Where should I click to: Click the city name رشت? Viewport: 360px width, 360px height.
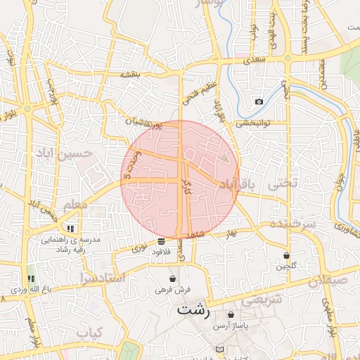(x=193, y=309)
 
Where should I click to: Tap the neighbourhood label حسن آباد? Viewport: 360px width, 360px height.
(x=74, y=153)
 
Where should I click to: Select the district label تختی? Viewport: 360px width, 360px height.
(x=285, y=183)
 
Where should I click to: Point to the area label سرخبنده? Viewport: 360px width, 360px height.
(x=291, y=224)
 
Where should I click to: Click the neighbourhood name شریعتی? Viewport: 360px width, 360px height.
(x=262, y=300)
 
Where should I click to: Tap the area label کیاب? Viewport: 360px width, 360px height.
(x=90, y=331)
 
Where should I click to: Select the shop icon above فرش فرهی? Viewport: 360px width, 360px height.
(x=173, y=279)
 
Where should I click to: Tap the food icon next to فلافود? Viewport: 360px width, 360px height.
(x=162, y=242)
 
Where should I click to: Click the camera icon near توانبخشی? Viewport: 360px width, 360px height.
(x=259, y=102)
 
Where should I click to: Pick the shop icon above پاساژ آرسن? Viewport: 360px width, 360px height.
(x=231, y=314)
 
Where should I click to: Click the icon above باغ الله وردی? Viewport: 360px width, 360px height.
(x=30, y=279)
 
